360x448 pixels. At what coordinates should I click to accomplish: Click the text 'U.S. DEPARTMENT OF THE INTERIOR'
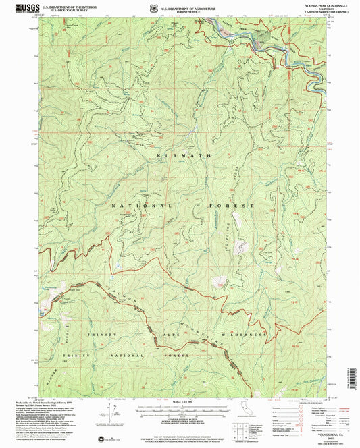(x=66, y=5)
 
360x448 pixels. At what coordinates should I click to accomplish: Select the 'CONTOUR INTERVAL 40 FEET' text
(x=179, y=419)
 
